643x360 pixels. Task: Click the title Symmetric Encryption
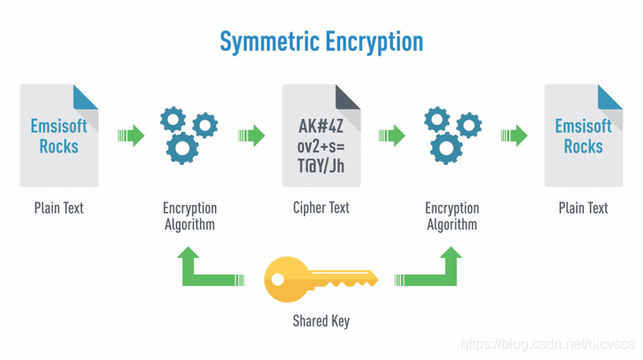[x=321, y=41]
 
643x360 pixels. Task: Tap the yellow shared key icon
[x=321, y=278]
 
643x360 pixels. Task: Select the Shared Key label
[x=321, y=321]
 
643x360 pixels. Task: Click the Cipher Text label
[x=321, y=208]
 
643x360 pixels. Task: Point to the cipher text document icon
[x=321, y=136]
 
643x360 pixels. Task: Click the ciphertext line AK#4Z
[x=321, y=126]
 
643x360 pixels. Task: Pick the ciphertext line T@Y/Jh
[x=321, y=165]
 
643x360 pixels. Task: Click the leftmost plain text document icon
[x=59, y=136]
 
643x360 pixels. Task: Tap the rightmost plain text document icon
[x=583, y=136]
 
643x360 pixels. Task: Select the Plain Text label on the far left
[x=59, y=208]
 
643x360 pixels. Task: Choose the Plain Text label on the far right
[x=583, y=208]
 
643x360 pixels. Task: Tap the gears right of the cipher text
[x=452, y=135]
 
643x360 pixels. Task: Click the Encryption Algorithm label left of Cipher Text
[x=189, y=216]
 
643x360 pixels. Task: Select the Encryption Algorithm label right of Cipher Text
[x=452, y=216]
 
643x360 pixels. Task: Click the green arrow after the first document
[x=130, y=136]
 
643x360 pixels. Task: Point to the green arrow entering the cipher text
[x=252, y=136]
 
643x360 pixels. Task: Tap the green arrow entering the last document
[x=514, y=136]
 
